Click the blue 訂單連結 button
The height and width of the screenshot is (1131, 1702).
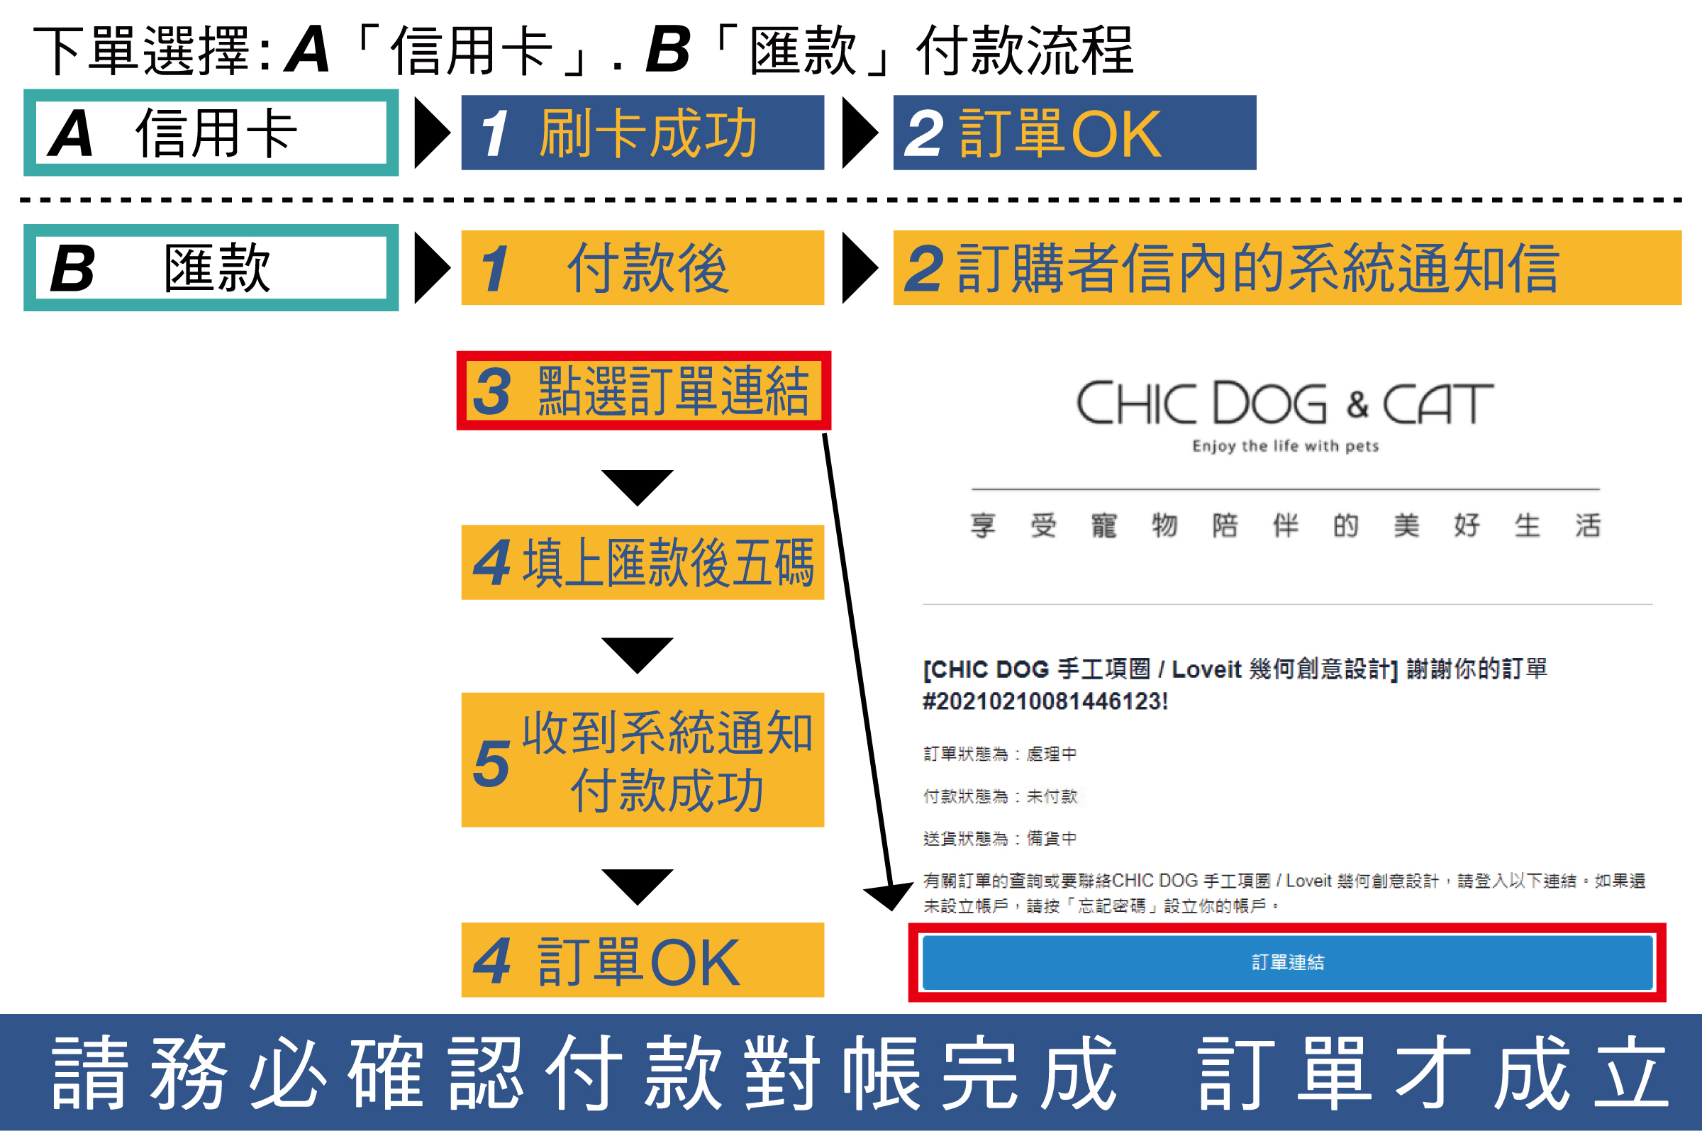coord(1287,962)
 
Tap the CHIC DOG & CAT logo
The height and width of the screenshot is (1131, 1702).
coord(1285,403)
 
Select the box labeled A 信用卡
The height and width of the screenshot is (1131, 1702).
coord(211,133)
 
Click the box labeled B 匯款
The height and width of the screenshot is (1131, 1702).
coord(211,267)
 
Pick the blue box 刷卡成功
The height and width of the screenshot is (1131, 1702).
coord(642,133)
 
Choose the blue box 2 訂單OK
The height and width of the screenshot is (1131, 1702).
coord(1074,133)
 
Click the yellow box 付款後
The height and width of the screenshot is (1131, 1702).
coord(642,267)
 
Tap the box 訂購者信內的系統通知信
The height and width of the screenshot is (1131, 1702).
coord(1286,267)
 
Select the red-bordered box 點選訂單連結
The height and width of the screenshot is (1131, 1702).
coord(643,391)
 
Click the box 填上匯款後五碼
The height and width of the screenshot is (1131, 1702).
coord(642,562)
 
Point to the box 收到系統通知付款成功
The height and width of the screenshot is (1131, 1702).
coord(642,759)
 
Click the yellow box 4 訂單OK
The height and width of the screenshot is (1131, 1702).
coord(642,960)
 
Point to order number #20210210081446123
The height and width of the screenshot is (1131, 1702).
coord(1045,701)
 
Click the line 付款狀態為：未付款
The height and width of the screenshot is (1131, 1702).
coord(1001,796)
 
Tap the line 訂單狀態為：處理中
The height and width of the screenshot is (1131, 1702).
coord(1001,754)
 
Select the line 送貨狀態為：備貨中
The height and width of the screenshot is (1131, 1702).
coord(1001,838)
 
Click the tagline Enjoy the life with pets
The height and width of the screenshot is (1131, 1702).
coord(1285,447)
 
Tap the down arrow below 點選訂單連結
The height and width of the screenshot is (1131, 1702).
coord(637,487)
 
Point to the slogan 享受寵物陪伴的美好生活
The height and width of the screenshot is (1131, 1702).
coord(1285,525)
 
